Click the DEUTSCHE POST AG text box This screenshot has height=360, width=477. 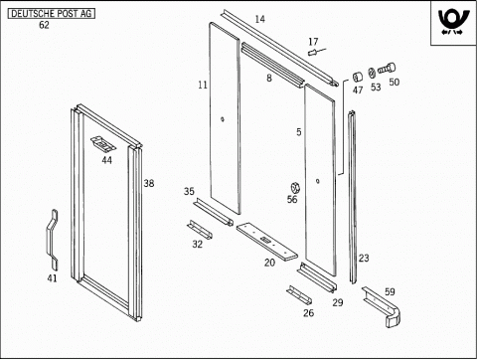pyautogui.click(x=52, y=14)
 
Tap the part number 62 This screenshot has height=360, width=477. pyautogui.click(x=44, y=25)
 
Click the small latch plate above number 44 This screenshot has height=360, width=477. pyautogui.click(x=103, y=143)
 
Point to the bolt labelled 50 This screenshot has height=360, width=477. pyautogui.click(x=387, y=69)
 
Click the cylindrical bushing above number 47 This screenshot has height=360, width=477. pyautogui.click(x=357, y=78)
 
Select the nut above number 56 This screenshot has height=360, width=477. pyautogui.click(x=294, y=188)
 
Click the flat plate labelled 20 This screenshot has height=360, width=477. pyautogui.click(x=266, y=241)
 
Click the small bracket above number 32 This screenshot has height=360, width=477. pyautogui.click(x=200, y=230)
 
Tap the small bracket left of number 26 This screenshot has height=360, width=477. pyautogui.click(x=299, y=294)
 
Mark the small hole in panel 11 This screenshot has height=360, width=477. pyautogui.click(x=223, y=119)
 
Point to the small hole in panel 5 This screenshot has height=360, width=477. pyautogui.click(x=318, y=181)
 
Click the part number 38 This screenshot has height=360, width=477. pyautogui.click(x=149, y=183)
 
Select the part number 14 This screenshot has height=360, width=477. pyautogui.click(x=260, y=19)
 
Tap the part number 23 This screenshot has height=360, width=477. pyautogui.click(x=364, y=258)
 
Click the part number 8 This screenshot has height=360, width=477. pyautogui.click(x=269, y=78)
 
